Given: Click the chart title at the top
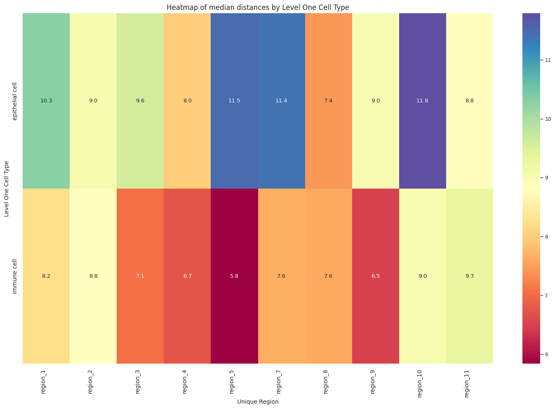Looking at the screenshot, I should tap(258, 7).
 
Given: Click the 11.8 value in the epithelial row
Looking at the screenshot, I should tap(423, 101).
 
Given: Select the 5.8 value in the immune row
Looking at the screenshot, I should tap(234, 276).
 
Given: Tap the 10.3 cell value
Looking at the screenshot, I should tap(46, 101).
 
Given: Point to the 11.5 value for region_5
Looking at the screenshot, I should tap(234, 101).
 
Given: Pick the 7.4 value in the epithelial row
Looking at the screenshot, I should tap(328, 101).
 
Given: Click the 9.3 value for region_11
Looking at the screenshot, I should tap(470, 276).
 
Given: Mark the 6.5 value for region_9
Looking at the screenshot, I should tap(375, 276).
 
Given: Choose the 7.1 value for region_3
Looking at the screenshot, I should tap(140, 276).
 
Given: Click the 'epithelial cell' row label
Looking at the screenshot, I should tap(15, 101).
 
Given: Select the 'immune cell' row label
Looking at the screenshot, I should tap(15, 276).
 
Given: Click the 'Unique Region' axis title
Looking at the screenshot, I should tap(258, 402).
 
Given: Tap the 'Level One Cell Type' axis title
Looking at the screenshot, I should tap(6, 189).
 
